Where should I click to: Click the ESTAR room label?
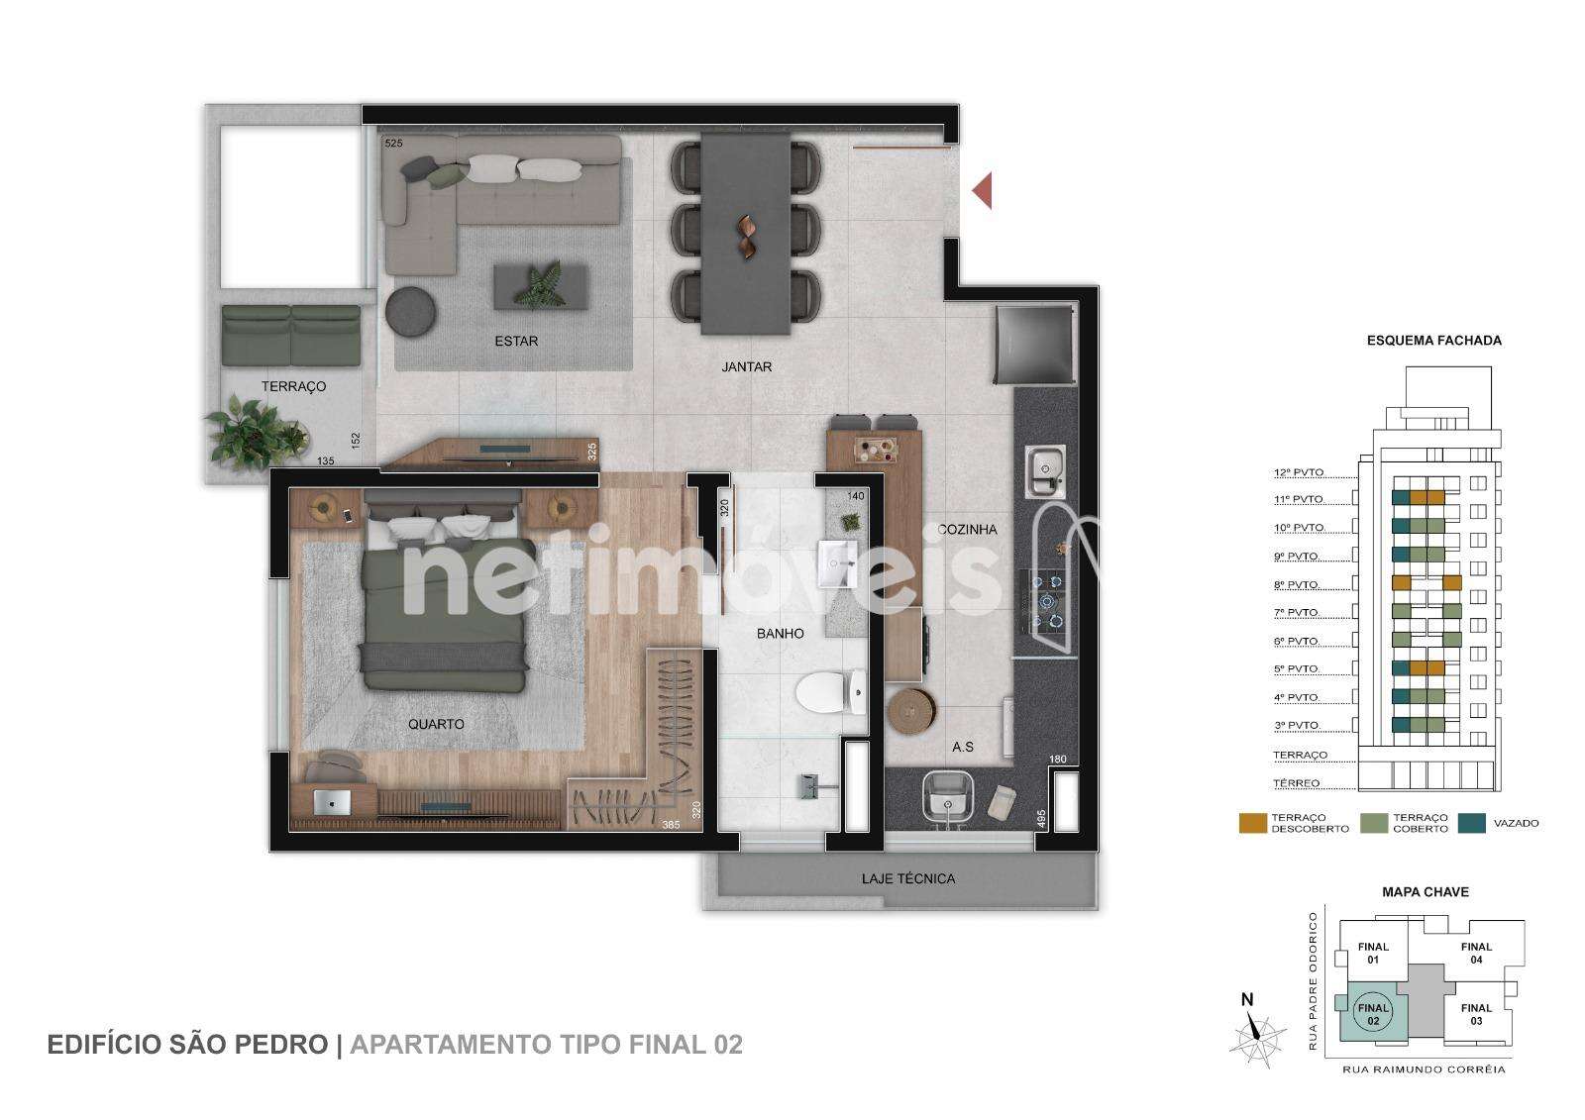516,341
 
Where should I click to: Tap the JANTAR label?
747,367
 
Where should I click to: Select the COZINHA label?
967,529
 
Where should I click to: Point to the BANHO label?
780,634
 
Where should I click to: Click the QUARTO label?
436,724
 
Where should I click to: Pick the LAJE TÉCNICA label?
907,878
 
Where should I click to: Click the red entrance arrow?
982,190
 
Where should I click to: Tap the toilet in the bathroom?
830,692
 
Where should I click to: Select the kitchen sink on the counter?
1045,470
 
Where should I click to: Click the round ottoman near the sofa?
411,312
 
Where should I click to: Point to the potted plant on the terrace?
257,433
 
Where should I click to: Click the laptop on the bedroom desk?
331,802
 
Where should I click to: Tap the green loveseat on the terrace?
291,336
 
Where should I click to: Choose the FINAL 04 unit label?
1476,953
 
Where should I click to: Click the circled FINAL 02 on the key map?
1373,1014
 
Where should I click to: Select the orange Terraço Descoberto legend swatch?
1252,824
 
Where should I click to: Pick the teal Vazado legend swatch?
1472,824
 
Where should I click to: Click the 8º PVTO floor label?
1297,585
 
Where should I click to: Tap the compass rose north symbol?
1256,1033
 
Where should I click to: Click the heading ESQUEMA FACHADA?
1433,341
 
